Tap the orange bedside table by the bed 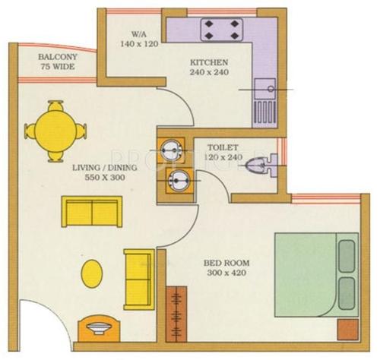tap(347, 329)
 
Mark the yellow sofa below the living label tap(90, 212)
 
